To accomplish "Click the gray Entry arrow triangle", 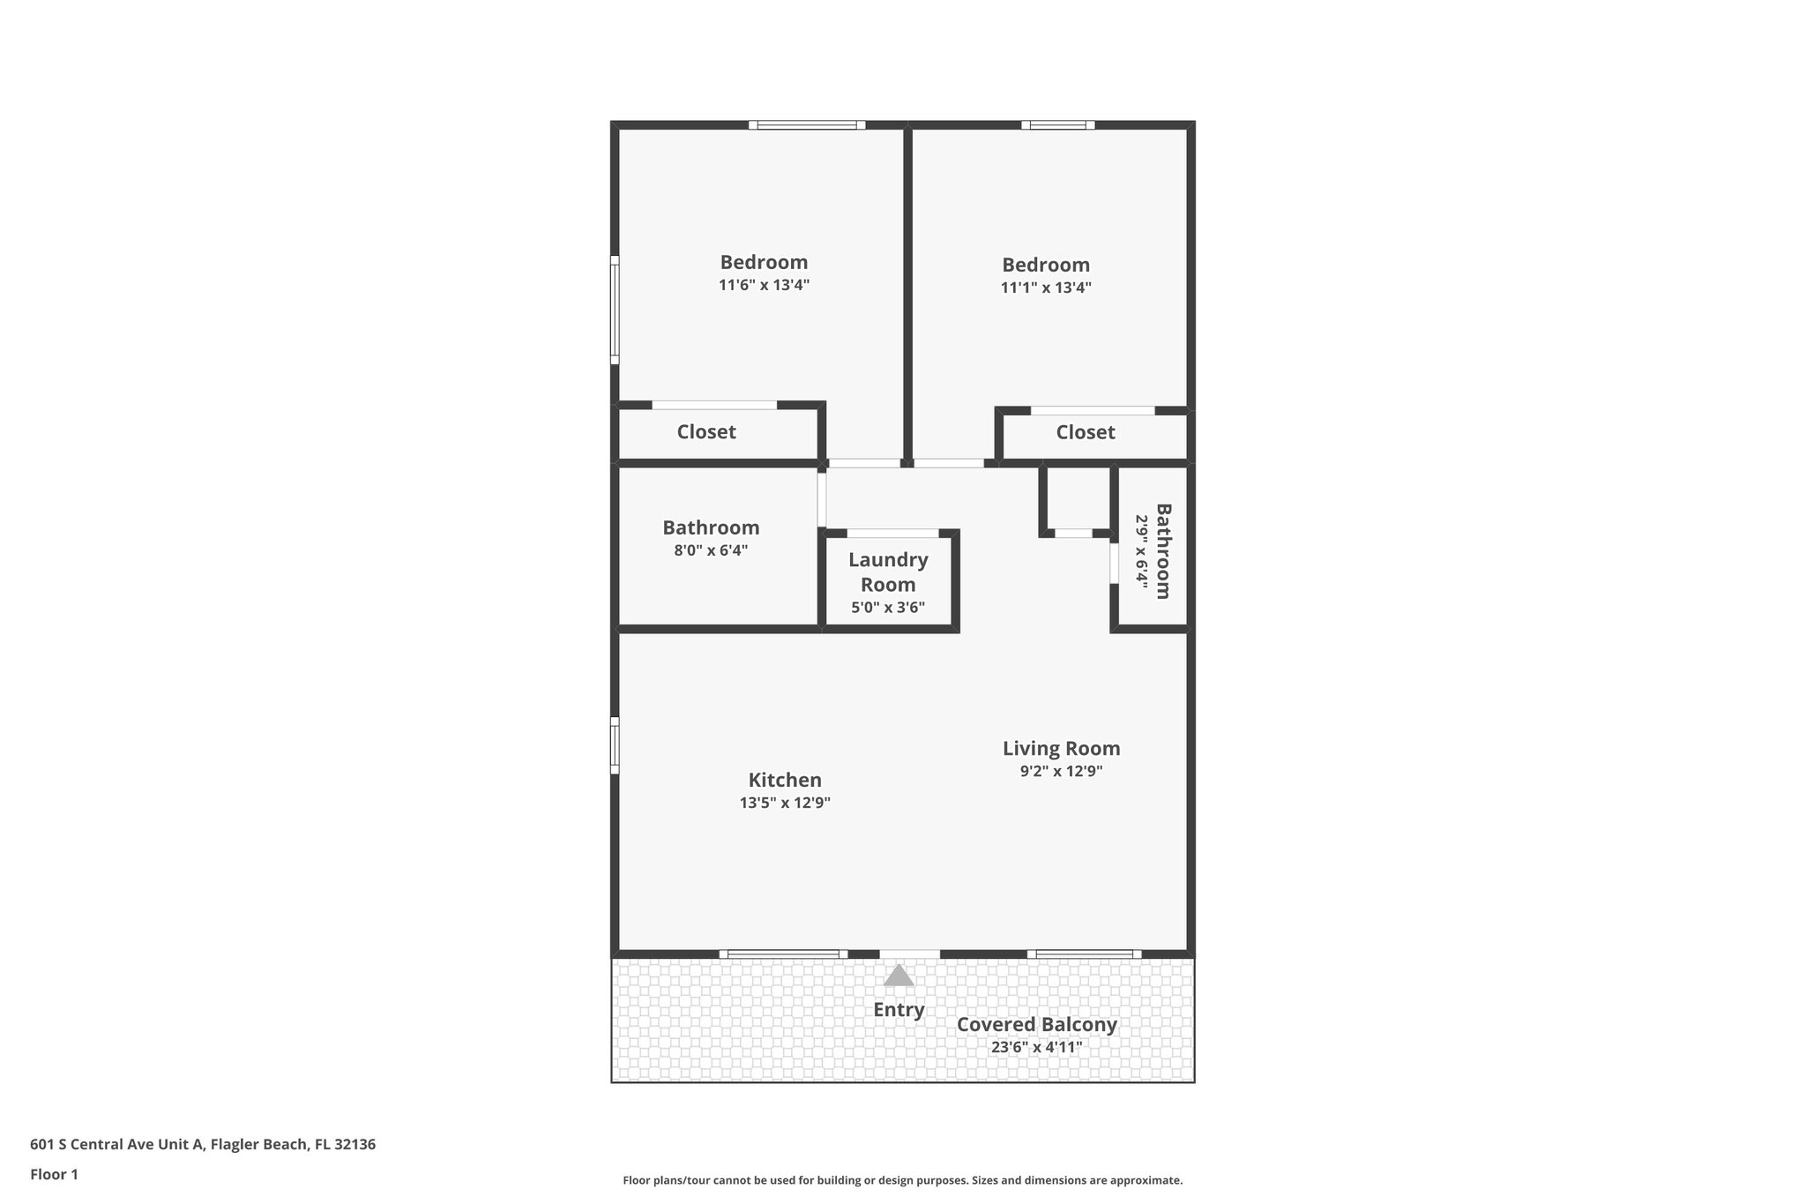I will click(899, 975).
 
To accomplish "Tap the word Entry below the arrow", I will click(899, 1010).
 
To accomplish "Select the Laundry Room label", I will click(888, 572).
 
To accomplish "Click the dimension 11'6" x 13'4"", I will click(764, 285).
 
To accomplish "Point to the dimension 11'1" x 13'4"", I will click(1046, 288).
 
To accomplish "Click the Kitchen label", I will click(785, 780).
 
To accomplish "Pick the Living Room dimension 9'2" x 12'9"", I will click(1061, 771).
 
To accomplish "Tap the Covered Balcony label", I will click(1036, 1024).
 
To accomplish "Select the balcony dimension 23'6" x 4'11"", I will click(1036, 1048).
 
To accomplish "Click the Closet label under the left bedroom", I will click(706, 432).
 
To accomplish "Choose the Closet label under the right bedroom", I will click(1086, 432).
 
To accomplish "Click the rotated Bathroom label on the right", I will click(1163, 551).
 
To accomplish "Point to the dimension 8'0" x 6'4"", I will click(711, 550).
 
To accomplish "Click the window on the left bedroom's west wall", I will click(616, 310).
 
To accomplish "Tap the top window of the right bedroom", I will click(1058, 125).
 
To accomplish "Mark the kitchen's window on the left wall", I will click(616, 745).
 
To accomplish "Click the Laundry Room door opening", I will click(892, 533).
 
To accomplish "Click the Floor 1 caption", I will click(54, 1174).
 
